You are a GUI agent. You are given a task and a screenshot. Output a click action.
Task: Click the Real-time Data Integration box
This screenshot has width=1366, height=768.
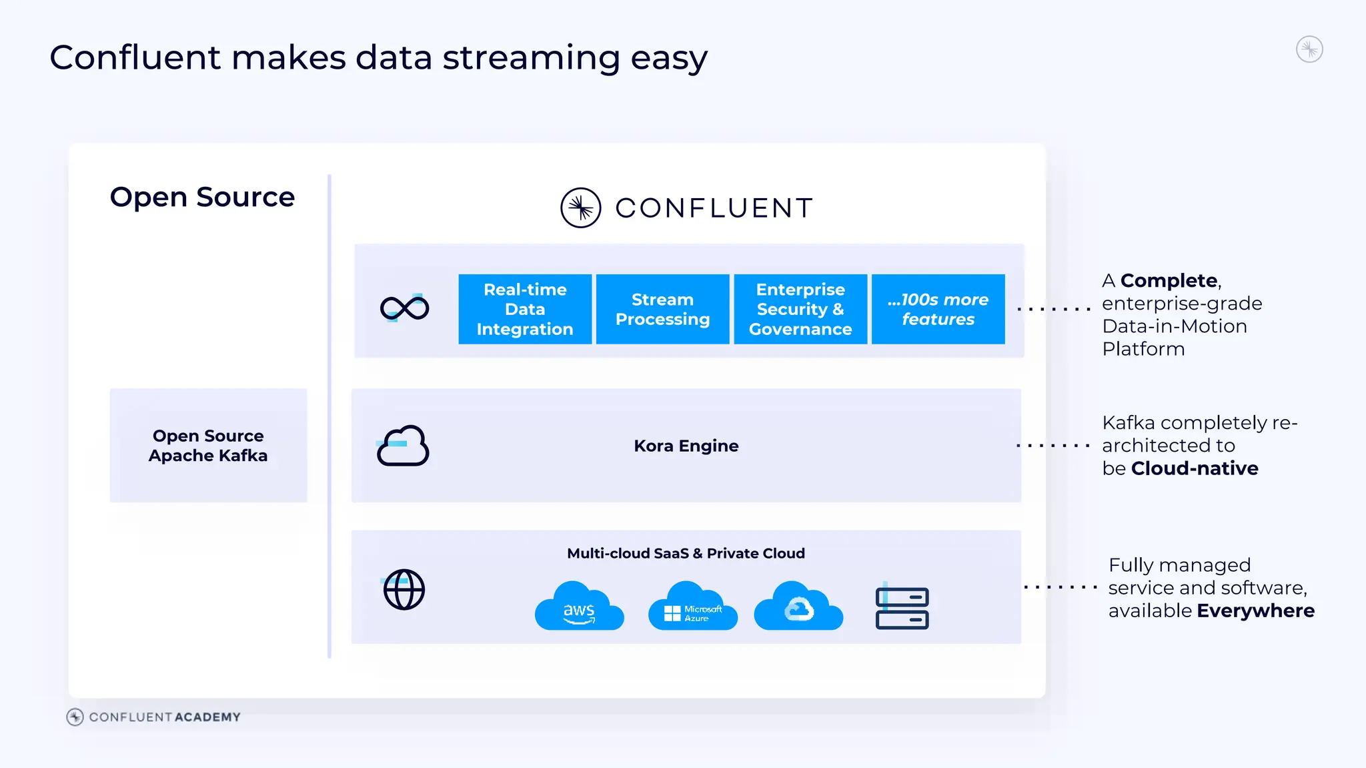point(525,309)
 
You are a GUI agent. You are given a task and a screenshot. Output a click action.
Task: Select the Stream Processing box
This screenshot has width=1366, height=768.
point(662,309)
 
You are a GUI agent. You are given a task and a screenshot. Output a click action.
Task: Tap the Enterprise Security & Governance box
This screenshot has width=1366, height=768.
point(800,309)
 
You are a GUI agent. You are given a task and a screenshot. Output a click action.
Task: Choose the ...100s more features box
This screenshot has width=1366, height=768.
point(938,309)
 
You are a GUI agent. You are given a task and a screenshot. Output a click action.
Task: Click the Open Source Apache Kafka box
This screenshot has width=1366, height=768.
point(208,445)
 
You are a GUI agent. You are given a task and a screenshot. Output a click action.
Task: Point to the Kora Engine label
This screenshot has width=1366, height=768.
point(686,446)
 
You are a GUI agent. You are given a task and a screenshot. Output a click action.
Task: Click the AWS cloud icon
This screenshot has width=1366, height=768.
point(579,607)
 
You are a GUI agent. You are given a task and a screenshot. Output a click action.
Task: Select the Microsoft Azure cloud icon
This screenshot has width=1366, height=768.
point(692,607)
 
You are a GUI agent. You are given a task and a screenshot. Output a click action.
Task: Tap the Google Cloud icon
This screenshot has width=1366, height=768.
point(798,607)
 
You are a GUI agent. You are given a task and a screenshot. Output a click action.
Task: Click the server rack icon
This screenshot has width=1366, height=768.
point(902,607)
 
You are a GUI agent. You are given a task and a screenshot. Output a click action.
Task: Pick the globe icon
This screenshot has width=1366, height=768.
point(404,589)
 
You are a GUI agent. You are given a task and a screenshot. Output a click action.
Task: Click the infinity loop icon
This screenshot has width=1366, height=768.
point(404,308)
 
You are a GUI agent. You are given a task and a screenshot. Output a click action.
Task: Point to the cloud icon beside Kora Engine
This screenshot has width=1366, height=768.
point(403,446)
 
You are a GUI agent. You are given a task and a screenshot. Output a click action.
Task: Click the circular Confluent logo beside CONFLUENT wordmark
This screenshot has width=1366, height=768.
point(580,208)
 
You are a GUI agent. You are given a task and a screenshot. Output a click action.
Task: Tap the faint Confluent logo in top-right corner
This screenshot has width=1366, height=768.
point(1309,49)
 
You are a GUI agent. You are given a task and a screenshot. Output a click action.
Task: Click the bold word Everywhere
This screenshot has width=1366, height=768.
point(1255,611)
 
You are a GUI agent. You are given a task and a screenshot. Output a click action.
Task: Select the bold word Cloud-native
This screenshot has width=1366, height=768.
point(1195,468)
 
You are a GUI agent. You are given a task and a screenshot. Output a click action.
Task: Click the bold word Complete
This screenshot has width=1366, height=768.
point(1169,280)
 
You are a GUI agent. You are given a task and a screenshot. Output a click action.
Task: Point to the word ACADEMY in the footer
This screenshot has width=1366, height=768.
point(207,717)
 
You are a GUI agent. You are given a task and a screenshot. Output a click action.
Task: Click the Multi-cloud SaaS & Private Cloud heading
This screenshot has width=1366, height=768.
point(686,553)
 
